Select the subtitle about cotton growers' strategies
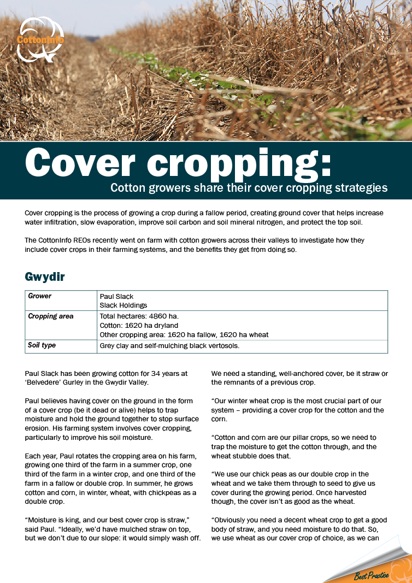249,188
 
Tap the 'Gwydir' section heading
45,276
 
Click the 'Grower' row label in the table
40,296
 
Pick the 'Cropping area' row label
51,316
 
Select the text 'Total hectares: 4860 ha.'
139,316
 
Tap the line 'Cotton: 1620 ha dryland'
139,326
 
